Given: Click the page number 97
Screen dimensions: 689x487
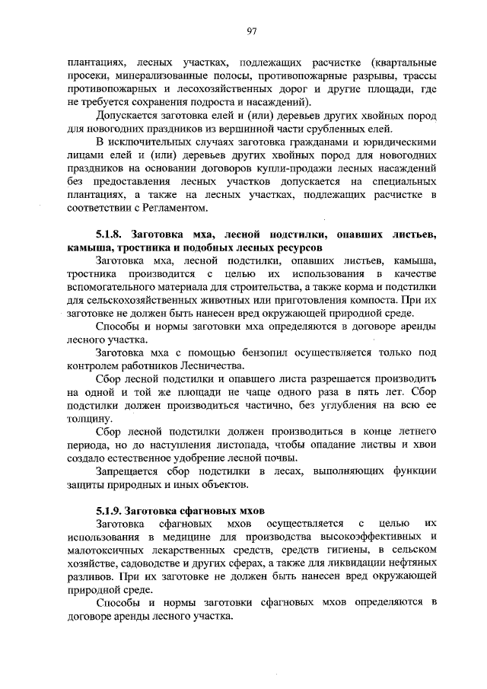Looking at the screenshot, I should tap(252, 30).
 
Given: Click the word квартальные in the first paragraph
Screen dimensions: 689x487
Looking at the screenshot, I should tap(403, 62).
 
